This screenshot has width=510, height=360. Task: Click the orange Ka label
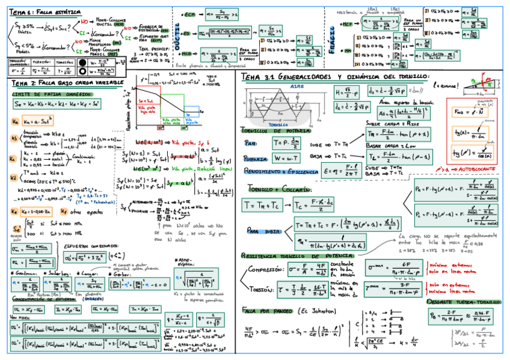tap(14, 121)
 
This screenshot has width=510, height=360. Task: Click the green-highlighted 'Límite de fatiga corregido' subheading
tap(53, 93)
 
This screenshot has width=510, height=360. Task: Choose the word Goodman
tap(22, 272)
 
